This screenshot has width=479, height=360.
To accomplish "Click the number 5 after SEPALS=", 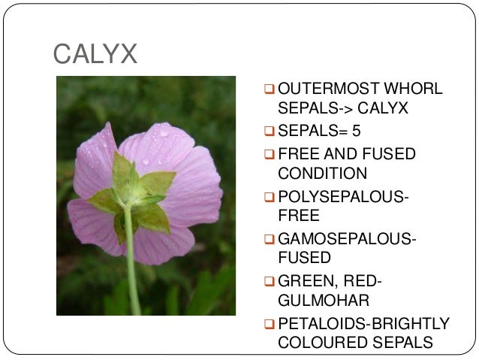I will point(356,132).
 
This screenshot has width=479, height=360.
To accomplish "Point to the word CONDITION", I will point(322,174).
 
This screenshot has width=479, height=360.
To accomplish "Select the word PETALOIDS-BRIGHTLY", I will point(363,323).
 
